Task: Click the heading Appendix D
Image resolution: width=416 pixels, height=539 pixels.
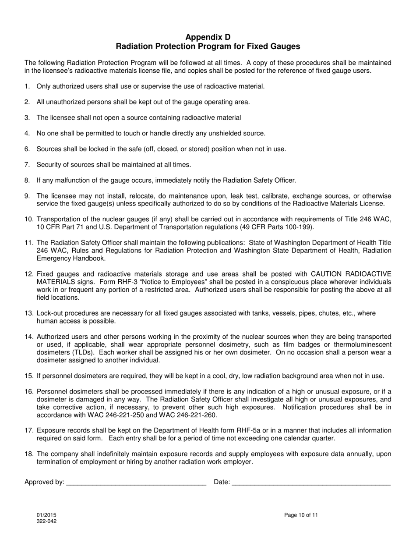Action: click(208, 37)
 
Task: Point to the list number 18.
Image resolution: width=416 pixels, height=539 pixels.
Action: click(29, 454)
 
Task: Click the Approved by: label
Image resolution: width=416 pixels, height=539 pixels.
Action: click(44, 482)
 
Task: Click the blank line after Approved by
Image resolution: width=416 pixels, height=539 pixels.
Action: click(136, 483)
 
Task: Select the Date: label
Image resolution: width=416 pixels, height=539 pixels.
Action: click(222, 482)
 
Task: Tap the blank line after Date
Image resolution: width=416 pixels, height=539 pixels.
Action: click(311, 483)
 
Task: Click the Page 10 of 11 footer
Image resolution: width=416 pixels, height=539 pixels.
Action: click(301, 515)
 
